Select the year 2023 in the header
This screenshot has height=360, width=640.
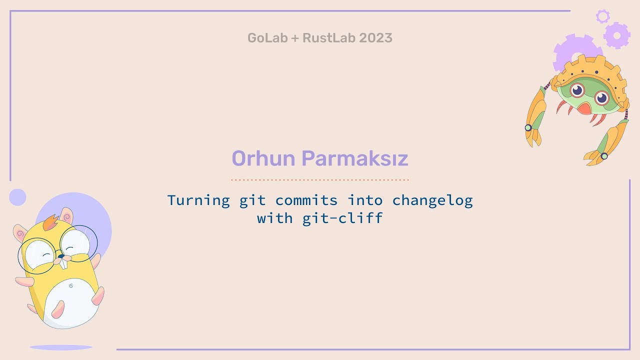[375, 38]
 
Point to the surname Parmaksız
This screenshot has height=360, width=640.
[355, 159]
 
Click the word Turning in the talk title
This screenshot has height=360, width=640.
[198, 200]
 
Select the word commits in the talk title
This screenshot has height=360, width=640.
[306, 200]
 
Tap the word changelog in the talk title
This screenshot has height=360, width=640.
[432, 200]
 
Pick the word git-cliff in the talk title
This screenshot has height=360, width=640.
[342, 218]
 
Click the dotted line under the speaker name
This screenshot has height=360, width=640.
[320, 179]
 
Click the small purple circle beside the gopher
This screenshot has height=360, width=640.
[17, 197]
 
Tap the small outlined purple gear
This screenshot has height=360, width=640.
[602, 16]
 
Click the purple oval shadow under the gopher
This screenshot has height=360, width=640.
[60, 347]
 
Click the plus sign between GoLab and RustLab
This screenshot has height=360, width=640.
[293, 38]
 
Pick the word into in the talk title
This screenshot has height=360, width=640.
[365, 200]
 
